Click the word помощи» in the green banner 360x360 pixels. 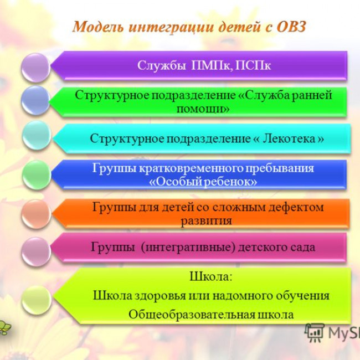203,109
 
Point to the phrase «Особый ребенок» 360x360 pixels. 203,182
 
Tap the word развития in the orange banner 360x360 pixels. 205,220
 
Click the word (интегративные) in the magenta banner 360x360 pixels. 188,247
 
